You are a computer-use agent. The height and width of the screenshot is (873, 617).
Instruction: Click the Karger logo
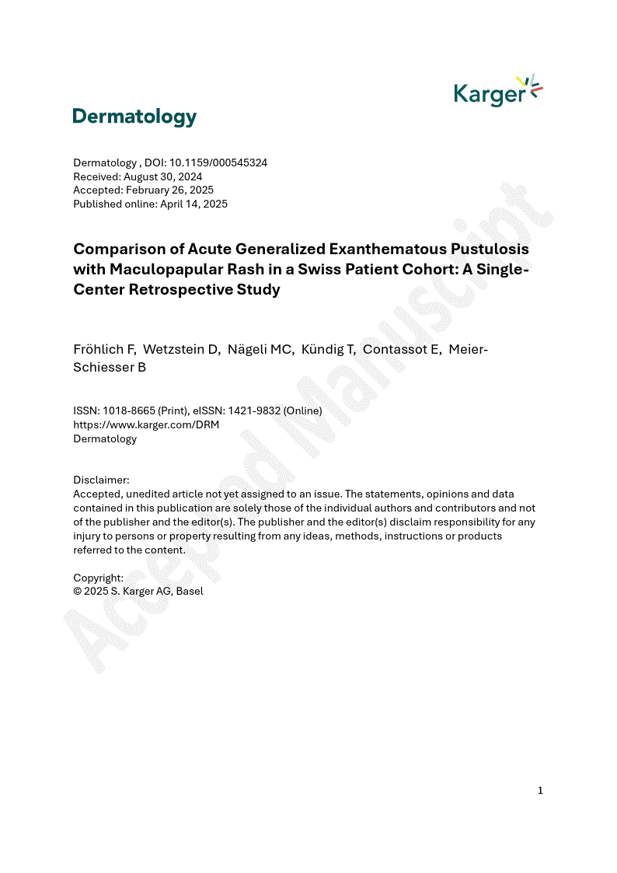(x=497, y=92)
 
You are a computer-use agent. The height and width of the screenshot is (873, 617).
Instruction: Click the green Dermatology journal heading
(x=134, y=117)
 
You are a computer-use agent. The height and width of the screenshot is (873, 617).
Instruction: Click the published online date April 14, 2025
(x=193, y=204)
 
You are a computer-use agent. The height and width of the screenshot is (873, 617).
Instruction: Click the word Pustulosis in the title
(x=485, y=250)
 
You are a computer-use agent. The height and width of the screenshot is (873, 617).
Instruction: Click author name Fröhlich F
(x=104, y=350)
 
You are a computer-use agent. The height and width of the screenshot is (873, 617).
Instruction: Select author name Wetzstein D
(x=182, y=350)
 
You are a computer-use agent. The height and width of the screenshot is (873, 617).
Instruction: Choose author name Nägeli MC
(x=260, y=350)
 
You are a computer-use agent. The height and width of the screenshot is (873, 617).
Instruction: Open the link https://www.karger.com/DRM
(x=146, y=424)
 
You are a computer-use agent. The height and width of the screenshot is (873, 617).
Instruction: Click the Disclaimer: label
(x=101, y=480)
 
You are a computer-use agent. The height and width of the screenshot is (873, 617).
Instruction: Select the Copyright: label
(x=98, y=578)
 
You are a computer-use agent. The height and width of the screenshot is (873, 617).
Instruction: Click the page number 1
(x=540, y=791)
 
